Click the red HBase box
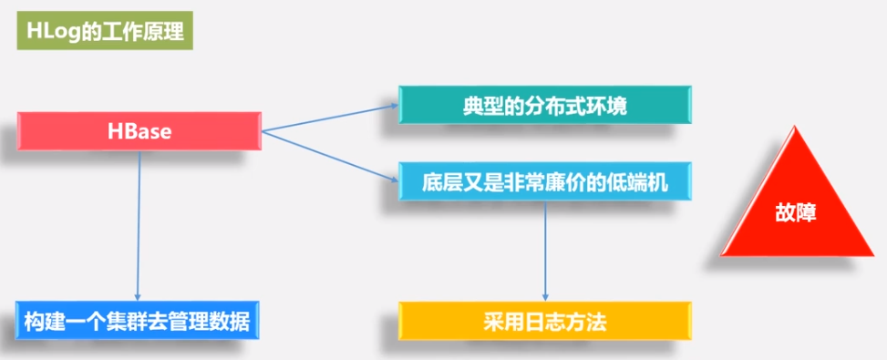point(139,132)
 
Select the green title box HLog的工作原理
point(104,33)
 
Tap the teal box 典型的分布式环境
point(544,106)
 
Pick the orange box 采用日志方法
point(544,322)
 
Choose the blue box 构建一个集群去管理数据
point(138,322)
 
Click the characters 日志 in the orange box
point(544,322)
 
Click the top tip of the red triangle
point(796,123)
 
